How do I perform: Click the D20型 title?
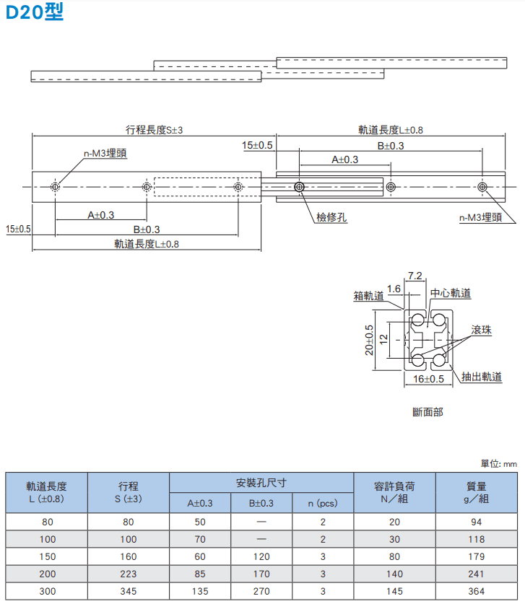pos(35,12)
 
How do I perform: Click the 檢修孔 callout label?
pos(331,217)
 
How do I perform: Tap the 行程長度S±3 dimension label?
pos(154,130)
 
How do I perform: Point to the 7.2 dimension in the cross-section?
pos(415,276)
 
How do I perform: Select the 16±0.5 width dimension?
pos(429,379)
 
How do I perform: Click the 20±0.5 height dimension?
pos(369,340)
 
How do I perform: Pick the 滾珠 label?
pos(482,330)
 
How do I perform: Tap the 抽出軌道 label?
pos(482,377)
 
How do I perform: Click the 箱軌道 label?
pos(369,296)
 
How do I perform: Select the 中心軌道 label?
pos(451,293)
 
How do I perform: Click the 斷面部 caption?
pos(428,412)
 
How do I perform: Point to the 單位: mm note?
pos(499,464)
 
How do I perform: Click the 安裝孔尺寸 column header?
pos(261,483)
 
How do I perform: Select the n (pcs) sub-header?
pos(323,503)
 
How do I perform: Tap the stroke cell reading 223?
pos(129,574)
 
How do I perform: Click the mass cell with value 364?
pos(477,591)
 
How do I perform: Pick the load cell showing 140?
pos(395,574)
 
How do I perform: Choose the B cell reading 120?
pos(261,556)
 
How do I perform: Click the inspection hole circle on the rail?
pos(299,187)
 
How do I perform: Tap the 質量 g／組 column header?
pos(477,493)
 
